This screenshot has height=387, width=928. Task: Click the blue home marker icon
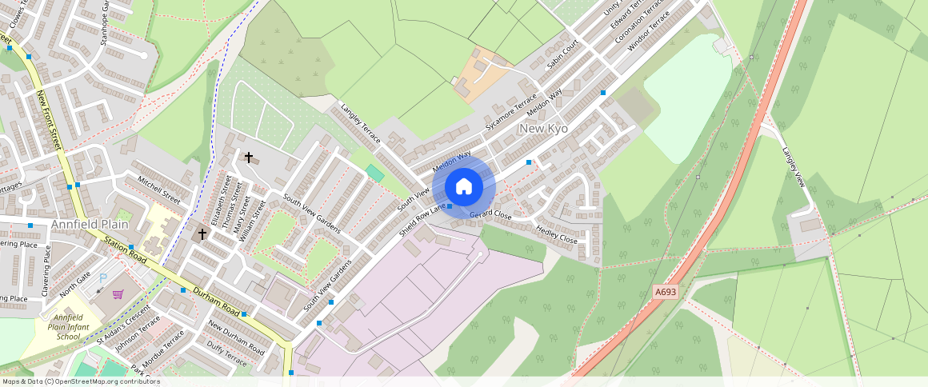(463, 187)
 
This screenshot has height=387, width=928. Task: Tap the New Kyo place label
(543, 129)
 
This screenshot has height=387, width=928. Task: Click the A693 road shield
(665, 292)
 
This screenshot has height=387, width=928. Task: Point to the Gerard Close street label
(490, 215)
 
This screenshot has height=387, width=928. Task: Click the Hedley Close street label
(556, 234)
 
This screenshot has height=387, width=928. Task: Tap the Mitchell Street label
(159, 190)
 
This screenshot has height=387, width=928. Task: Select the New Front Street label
(49, 119)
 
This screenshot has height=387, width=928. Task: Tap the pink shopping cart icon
(118, 295)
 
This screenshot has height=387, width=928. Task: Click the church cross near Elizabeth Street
(202, 234)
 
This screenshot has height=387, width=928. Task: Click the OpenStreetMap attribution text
(81, 381)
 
